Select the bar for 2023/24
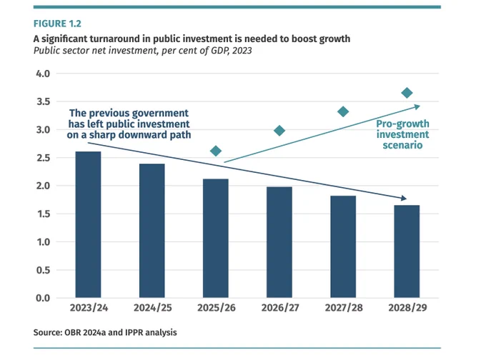(89, 224)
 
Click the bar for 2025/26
(216, 239)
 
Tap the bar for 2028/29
(407, 251)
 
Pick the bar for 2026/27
(279, 242)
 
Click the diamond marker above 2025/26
(216, 151)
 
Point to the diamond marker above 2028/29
(407, 93)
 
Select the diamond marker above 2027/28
(343, 111)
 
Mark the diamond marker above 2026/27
(279, 131)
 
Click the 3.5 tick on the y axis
(44, 101)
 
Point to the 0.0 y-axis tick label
(43, 298)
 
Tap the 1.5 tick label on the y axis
(44, 214)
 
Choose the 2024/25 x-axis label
(152, 308)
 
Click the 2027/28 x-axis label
(344, 308)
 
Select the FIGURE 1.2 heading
(57, 24)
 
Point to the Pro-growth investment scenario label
(402, 134)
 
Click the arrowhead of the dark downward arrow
(404, 198)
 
